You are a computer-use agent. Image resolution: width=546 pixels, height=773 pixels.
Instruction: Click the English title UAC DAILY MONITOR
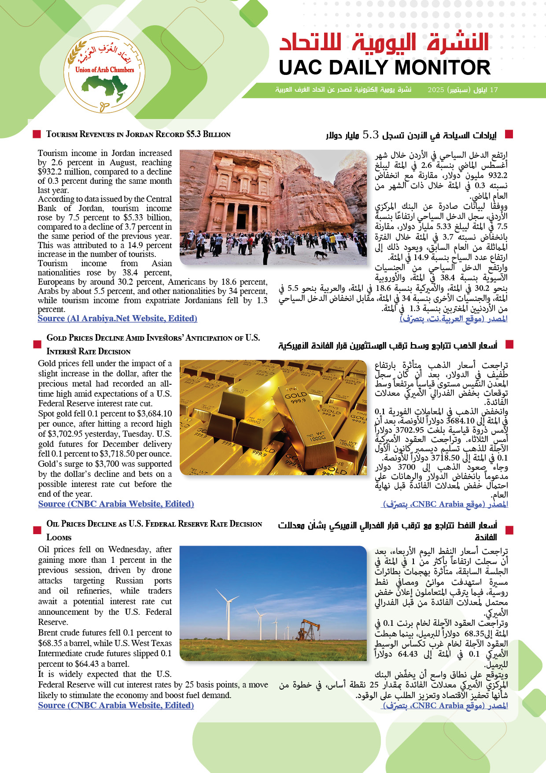click(384, 68)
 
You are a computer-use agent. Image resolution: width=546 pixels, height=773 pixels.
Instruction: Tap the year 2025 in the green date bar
click(435, 90)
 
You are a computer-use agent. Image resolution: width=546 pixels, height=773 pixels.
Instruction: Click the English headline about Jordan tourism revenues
click(138, 134)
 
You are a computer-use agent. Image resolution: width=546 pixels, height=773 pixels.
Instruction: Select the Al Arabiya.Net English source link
click(117, 318)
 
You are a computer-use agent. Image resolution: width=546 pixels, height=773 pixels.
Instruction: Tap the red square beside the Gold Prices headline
click(37, 344)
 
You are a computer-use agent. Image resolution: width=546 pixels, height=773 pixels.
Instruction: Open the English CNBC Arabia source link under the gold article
click(116, 504)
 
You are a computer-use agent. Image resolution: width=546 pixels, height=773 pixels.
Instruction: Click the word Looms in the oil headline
click(59, 537)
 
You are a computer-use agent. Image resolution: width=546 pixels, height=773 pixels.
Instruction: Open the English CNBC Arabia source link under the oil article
click(116, 705)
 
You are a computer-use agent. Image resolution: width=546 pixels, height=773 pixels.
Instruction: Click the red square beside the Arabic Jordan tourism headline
click(509, 134)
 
